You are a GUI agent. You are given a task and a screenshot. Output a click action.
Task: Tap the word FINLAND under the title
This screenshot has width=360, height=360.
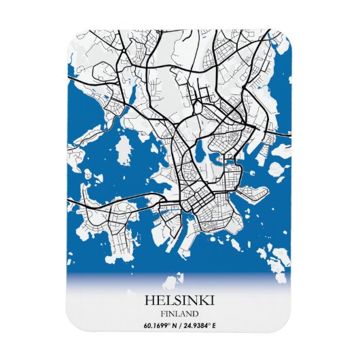coord(180,314)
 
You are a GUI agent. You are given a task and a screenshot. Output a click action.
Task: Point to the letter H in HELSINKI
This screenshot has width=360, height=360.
coord(149,300)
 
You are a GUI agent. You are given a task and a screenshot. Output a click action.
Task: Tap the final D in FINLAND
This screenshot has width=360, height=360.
coord(196,314)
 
